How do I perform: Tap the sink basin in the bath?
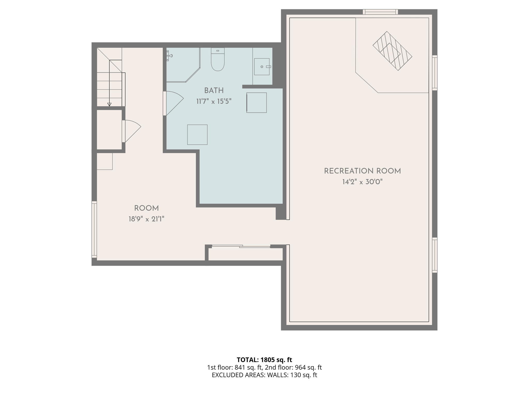point(262,67)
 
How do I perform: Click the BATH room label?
point(214,91)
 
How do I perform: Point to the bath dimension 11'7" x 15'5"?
point(214,102)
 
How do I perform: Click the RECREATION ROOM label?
point(362,171)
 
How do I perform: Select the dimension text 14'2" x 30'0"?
point(362,182)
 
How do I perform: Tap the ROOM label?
point(146,208)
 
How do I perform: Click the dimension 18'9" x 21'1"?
point(146,219)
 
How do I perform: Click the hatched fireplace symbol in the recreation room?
point(392,51)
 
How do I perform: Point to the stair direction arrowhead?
point(109,104)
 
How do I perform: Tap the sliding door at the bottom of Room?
point(241,247)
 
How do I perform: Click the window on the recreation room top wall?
point(380,12)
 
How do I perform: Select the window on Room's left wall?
point(94,230)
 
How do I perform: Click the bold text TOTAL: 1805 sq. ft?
point(264,360)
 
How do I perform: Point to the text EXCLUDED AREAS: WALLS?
point(250,375)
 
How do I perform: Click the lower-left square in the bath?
point(197,135)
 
